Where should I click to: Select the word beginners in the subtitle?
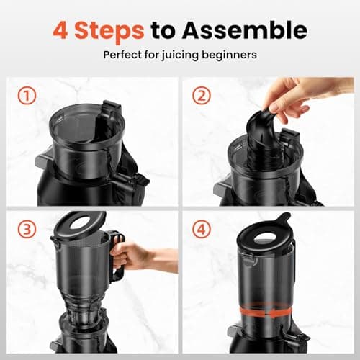click(233, 55)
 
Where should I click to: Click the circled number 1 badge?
click(26, 96)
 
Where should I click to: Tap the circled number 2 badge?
click(203, 96)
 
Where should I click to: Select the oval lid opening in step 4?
click(268, 236)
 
